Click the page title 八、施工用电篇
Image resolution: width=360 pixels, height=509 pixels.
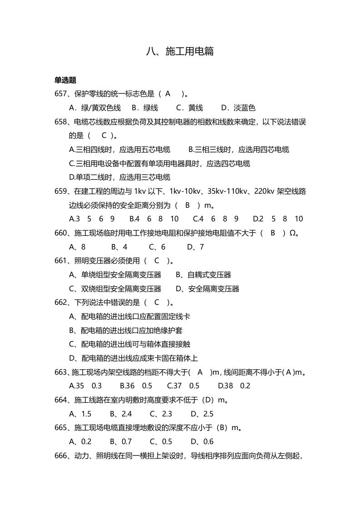180,51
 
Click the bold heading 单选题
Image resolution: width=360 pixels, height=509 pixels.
65,80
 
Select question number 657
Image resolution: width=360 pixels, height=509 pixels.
61,94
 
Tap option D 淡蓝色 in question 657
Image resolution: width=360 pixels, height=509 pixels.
238,108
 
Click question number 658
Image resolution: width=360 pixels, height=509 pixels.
61,122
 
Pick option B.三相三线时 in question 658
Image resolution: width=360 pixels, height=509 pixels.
238,149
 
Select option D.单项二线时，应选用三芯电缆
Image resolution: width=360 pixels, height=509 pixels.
119,177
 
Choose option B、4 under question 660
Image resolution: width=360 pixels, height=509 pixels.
119,247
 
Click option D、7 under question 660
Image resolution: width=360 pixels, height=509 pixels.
195,247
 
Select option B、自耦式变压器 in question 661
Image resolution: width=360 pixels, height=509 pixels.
203,275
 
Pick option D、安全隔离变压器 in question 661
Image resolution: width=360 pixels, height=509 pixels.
207,289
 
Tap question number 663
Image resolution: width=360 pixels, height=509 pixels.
61,372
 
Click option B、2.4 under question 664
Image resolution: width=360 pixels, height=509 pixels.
121,414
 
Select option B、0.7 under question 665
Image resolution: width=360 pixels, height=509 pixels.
121,441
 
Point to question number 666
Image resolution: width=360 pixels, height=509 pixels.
61,455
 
